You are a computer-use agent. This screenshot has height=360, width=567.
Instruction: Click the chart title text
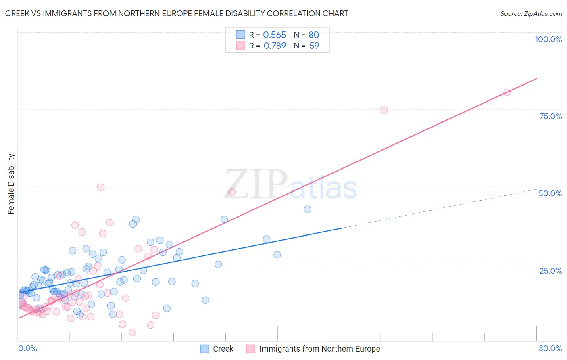(177, 13)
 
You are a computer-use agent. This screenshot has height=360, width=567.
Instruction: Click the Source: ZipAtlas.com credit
(531, 13)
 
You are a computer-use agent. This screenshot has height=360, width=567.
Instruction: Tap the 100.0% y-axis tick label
(548, 39)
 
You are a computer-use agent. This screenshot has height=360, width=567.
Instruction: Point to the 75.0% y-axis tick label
(550, 116)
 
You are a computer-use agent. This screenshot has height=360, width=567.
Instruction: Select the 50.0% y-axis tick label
(550, 193)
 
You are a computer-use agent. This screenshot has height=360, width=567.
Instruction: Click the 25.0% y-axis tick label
(550, 271)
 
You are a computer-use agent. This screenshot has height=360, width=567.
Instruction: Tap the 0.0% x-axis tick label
(27, 348)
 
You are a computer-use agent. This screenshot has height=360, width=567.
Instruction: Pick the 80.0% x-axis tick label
(550, 348)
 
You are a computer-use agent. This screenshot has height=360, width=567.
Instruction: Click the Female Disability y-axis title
(11, 184)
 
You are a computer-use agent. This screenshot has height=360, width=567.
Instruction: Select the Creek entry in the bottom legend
(223, 349)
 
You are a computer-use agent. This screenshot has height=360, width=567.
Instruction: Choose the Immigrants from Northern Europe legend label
(319, 349)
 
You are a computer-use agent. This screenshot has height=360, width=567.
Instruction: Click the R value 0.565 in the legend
(274, 35)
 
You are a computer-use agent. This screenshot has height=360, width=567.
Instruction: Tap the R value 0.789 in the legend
(275, 46)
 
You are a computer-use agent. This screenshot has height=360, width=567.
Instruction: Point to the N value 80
(314, 35)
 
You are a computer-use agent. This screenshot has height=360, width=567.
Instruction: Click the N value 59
(314, 46)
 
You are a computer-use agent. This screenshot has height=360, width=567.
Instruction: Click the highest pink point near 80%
(507, 92)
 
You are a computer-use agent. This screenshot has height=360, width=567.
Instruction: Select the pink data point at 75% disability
(384, 110)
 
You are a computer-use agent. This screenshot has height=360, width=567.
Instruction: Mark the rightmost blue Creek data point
(307, 209)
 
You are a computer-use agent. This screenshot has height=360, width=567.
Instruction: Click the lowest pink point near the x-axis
(132, 333)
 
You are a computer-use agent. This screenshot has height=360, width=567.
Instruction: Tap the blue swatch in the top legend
(240, 35)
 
